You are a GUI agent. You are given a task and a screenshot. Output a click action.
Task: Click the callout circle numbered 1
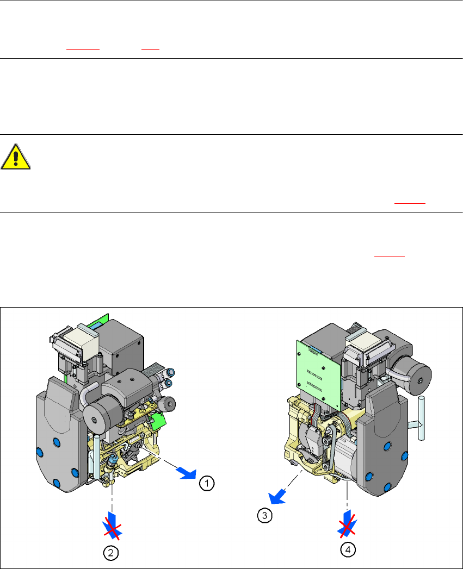point(207,483)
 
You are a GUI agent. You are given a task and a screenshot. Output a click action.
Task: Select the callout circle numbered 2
point(111,553)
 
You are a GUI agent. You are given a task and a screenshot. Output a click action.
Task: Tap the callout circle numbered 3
point(264,515)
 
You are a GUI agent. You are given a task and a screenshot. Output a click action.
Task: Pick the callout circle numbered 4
point(348,549)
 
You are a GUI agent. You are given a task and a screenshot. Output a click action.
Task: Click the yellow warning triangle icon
point(16,157)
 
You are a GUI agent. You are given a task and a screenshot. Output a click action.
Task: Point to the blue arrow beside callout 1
point(187,473)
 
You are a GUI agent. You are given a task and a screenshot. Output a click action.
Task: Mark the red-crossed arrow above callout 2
point(112,525)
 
